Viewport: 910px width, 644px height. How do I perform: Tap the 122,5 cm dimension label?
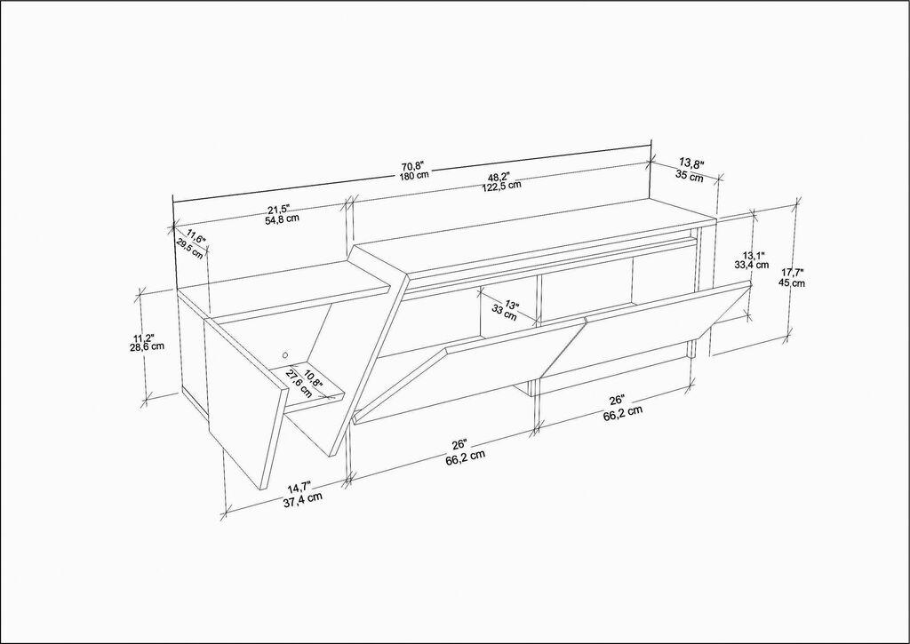502,187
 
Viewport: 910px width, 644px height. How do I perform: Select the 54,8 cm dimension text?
282,219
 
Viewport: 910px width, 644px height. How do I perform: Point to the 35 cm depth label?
689,175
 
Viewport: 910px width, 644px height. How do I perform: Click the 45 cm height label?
792,283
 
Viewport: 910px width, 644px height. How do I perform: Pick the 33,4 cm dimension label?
751,264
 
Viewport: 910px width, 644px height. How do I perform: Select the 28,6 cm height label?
146,347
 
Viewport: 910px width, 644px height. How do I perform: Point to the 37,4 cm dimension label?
302,497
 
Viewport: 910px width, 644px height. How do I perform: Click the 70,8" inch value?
412,165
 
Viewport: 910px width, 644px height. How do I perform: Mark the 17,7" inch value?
792,273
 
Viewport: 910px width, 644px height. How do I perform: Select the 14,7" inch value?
299,486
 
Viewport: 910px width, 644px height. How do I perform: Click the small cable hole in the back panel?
285,350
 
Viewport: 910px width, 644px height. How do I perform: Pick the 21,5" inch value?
280,209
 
